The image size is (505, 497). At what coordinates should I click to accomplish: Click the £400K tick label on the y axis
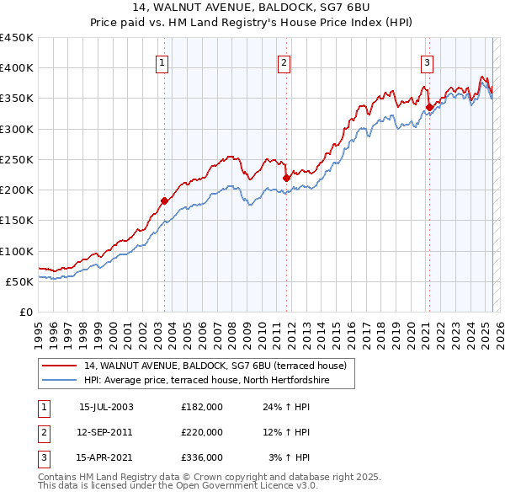(16, 68)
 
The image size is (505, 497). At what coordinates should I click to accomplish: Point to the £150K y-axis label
(16, 221)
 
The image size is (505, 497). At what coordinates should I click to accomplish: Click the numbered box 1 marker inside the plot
(161, 61)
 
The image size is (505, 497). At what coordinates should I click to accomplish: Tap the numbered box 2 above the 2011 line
(284, 61)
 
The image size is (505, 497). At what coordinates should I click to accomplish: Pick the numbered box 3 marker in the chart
(427, 61)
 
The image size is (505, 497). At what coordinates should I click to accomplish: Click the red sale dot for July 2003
(164, 200)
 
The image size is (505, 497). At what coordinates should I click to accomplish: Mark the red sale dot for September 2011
(286, 178)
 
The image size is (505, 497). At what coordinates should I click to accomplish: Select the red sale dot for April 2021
(429, 107)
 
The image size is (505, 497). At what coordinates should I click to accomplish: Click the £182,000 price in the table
(202, 407)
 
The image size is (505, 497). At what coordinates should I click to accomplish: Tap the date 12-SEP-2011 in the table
(104, 432)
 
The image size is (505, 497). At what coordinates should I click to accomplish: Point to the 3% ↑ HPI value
(289, 457)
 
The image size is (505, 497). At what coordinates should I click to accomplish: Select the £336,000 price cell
(202, 457)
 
